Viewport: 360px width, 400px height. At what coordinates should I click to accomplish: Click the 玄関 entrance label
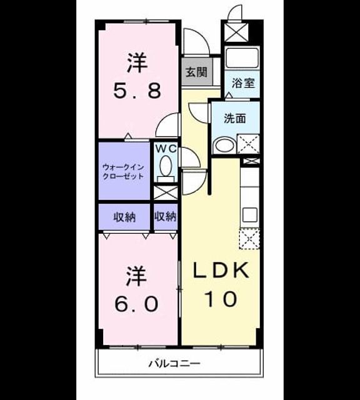(196, 72)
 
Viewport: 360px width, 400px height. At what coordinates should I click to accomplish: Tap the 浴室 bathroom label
(243, 83)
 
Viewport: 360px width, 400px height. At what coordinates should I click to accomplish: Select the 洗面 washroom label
(235, 119)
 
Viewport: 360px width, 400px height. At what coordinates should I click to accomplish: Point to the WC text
(166, 149)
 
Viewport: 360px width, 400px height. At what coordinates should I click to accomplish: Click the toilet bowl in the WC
(166, 166)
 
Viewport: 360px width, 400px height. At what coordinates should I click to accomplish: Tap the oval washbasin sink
(224, 146)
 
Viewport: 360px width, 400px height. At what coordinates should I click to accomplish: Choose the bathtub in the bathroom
(242, 57)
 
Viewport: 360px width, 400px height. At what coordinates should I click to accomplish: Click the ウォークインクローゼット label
(123, 172)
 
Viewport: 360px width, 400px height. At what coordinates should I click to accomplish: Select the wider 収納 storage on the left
(124, 217)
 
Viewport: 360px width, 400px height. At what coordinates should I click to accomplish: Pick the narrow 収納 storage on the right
(166, 217)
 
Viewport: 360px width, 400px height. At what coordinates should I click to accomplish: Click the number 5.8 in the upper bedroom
(137, 91)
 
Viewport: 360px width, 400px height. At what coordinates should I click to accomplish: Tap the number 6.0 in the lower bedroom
(137, 304)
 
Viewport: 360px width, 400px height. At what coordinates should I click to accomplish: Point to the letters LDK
(221, 270)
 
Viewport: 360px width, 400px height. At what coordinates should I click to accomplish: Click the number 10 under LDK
(221, 299)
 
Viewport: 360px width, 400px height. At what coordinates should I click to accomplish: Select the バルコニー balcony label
(174, 363)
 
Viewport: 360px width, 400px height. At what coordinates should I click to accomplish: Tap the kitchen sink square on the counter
(250, 215)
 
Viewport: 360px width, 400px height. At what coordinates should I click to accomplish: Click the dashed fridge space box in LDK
(249, 239)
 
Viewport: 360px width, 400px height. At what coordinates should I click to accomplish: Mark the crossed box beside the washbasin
(248, 144)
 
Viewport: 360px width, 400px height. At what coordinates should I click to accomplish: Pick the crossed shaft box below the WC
(166, 193)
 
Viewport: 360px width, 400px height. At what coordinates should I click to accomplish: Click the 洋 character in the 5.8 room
(137, 62)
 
